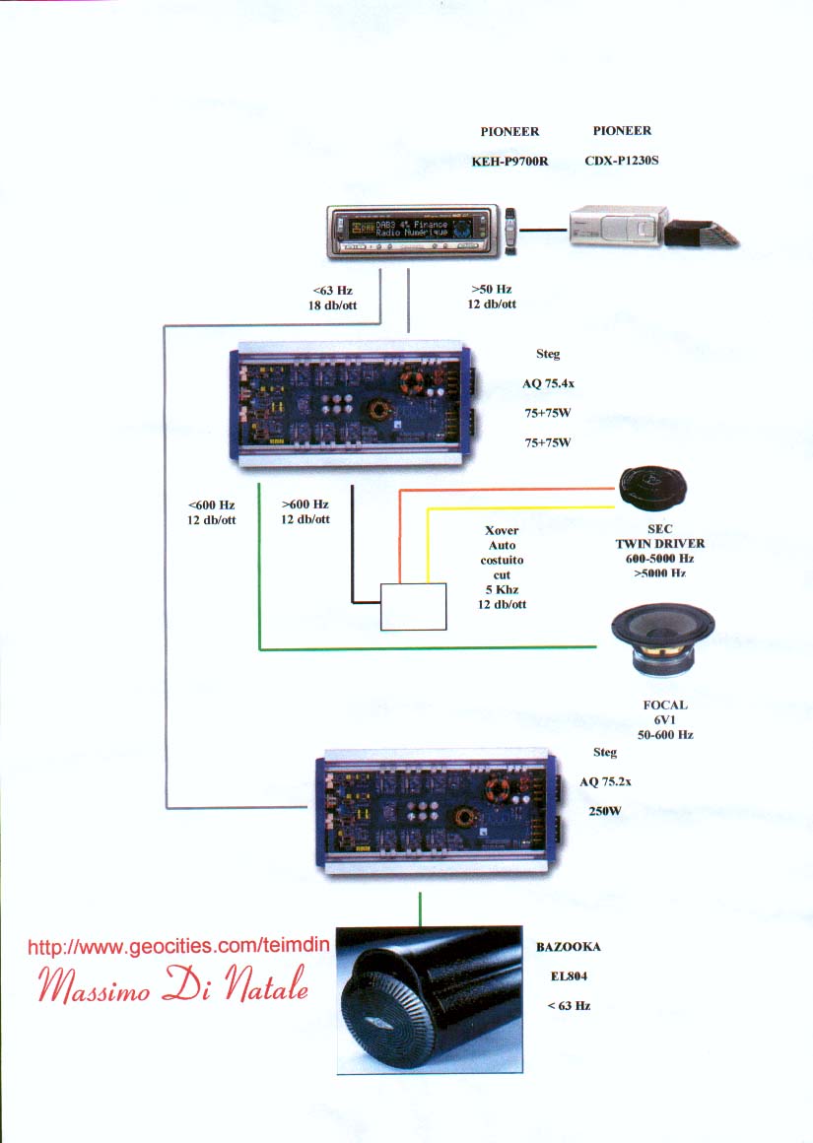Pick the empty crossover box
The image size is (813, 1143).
tap(414, 606)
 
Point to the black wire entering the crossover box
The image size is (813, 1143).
tap(352, 552)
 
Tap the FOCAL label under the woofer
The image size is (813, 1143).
tap(665, 706)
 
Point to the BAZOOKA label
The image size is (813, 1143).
tap(568, 947)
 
